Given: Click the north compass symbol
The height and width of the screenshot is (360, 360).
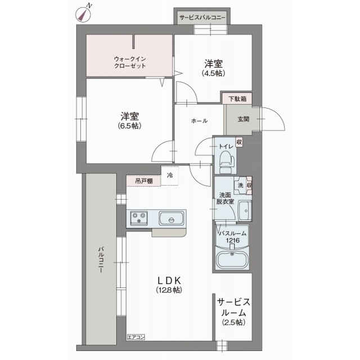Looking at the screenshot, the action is point(83,14).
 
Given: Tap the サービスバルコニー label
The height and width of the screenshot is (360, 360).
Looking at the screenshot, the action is point(202,17).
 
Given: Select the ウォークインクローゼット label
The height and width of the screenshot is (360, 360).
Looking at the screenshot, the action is point(130,62).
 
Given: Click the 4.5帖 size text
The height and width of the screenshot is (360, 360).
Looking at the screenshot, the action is point(213,73).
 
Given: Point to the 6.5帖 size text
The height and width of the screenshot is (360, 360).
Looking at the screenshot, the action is point(129,126).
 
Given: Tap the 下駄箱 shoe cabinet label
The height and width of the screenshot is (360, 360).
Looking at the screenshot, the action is point(237,99).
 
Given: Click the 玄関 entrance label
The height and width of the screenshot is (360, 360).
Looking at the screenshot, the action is point(243,119).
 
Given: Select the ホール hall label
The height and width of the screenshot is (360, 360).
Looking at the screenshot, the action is point(199,121).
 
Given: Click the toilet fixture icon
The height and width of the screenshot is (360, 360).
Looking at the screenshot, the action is point(227,163).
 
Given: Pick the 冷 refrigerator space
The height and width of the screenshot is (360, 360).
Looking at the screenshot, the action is point(170,175).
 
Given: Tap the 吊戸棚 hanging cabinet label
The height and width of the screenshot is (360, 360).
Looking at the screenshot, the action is point(144,181).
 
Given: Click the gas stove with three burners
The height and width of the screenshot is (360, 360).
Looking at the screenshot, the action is point(139,218).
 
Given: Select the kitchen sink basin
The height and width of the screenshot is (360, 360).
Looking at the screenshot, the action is point(172,218).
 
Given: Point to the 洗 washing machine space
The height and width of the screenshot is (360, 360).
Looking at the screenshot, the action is point(240,185).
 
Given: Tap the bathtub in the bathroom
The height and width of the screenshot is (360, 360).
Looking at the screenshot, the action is point(232,260).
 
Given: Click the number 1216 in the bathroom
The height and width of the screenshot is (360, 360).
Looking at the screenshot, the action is point(232,240).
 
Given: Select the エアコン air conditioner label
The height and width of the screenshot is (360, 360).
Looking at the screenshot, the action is point(136,337).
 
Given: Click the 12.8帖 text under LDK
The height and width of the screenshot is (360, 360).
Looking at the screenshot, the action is point(169,290).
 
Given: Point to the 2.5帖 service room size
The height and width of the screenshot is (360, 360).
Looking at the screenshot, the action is point(233,322).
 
